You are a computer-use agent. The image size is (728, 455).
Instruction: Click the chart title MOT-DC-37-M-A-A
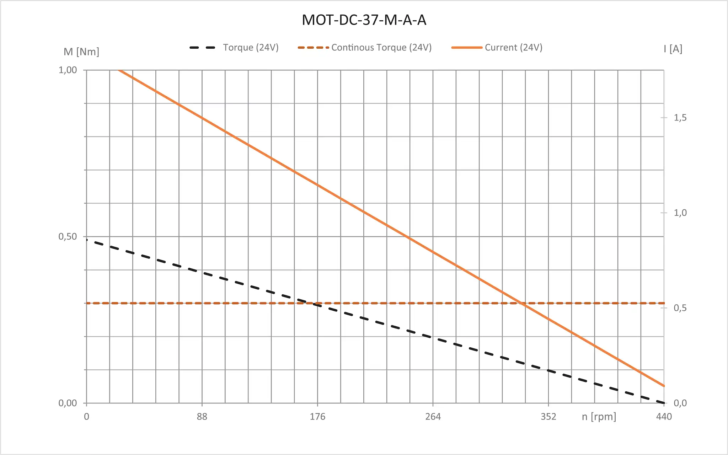coord(364,20)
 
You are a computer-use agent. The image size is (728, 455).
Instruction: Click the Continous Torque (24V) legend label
coord(381,47)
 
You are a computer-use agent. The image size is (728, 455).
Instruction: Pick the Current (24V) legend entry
coord(513,47)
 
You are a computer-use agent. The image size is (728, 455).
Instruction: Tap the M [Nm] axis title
coord(81,52)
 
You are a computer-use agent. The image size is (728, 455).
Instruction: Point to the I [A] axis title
coord(673,49)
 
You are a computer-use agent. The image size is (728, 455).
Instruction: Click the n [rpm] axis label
coord(599,416)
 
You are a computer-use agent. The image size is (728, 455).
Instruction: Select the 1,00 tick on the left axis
coord(68,70)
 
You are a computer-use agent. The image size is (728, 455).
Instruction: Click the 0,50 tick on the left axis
coord(68,236)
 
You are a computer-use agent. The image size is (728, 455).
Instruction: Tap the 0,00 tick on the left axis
coord(68,403)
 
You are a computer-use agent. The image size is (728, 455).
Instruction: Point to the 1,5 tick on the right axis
coord(680,118)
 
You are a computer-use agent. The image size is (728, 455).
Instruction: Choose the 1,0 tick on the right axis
coord(680,213)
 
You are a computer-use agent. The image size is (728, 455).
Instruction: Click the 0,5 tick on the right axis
coord(680,308)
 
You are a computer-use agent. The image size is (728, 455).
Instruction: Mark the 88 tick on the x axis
coord(202,417)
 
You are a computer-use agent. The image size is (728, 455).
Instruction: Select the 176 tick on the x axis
coord(317,417)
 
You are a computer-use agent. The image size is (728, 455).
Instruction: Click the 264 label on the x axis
coord(433,417)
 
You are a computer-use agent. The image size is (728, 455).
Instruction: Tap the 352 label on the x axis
coord(548,417)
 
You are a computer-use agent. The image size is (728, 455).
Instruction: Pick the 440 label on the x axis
coord(664,417)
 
